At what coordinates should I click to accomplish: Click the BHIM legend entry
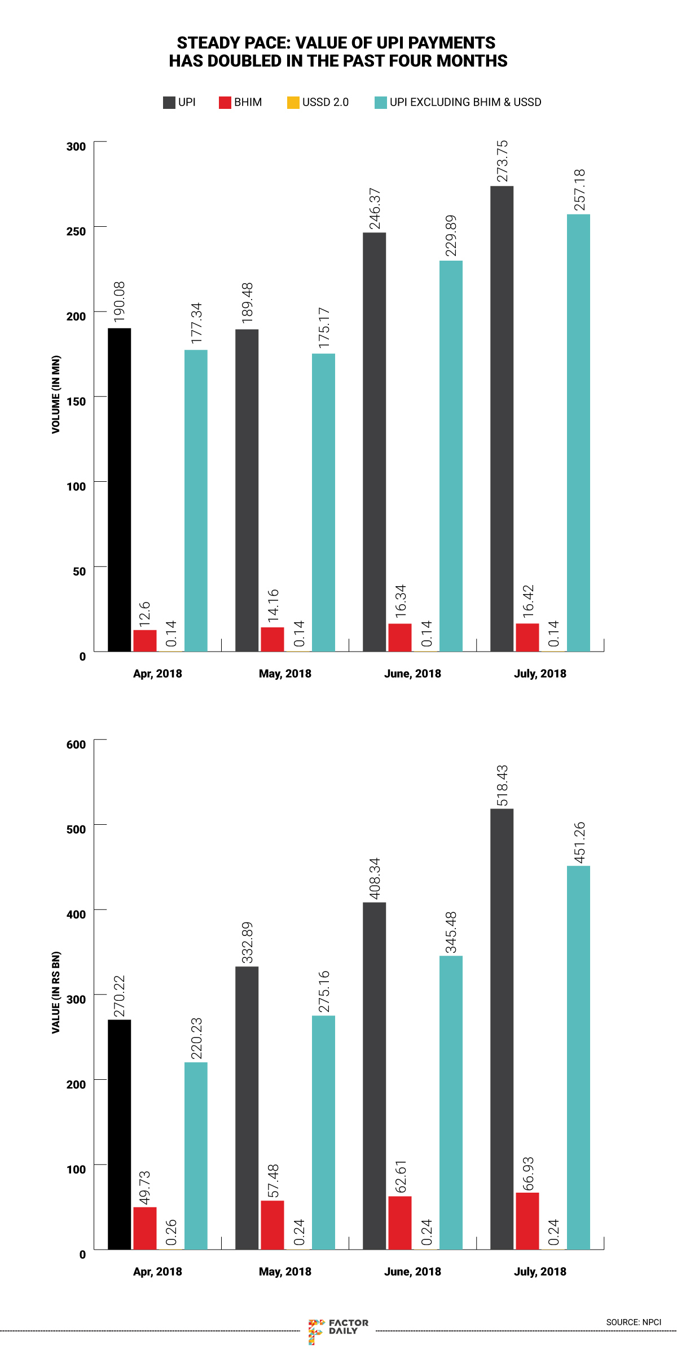point(241,102)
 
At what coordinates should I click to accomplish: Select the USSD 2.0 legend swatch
point(293,103)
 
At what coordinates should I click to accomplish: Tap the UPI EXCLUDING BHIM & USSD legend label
point(465,102)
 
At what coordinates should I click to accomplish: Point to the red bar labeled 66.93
point(527,1221)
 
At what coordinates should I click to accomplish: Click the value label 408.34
point(374,878)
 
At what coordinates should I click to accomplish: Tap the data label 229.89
point(451,235)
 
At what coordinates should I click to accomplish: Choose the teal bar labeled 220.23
point(196,1156)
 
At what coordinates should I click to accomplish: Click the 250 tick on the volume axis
point(76,231)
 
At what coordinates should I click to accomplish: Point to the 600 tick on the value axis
point(76,744)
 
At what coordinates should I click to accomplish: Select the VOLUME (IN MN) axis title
point(56,394)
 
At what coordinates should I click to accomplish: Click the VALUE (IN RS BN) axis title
point(56,992)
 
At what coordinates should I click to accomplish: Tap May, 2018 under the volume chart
point(285,674)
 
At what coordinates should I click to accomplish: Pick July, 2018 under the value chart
point(540,1272)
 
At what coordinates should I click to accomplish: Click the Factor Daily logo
point(338,1330)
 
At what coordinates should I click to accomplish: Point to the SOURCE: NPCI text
point(634,1322)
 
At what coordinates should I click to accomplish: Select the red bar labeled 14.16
point(272,639)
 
